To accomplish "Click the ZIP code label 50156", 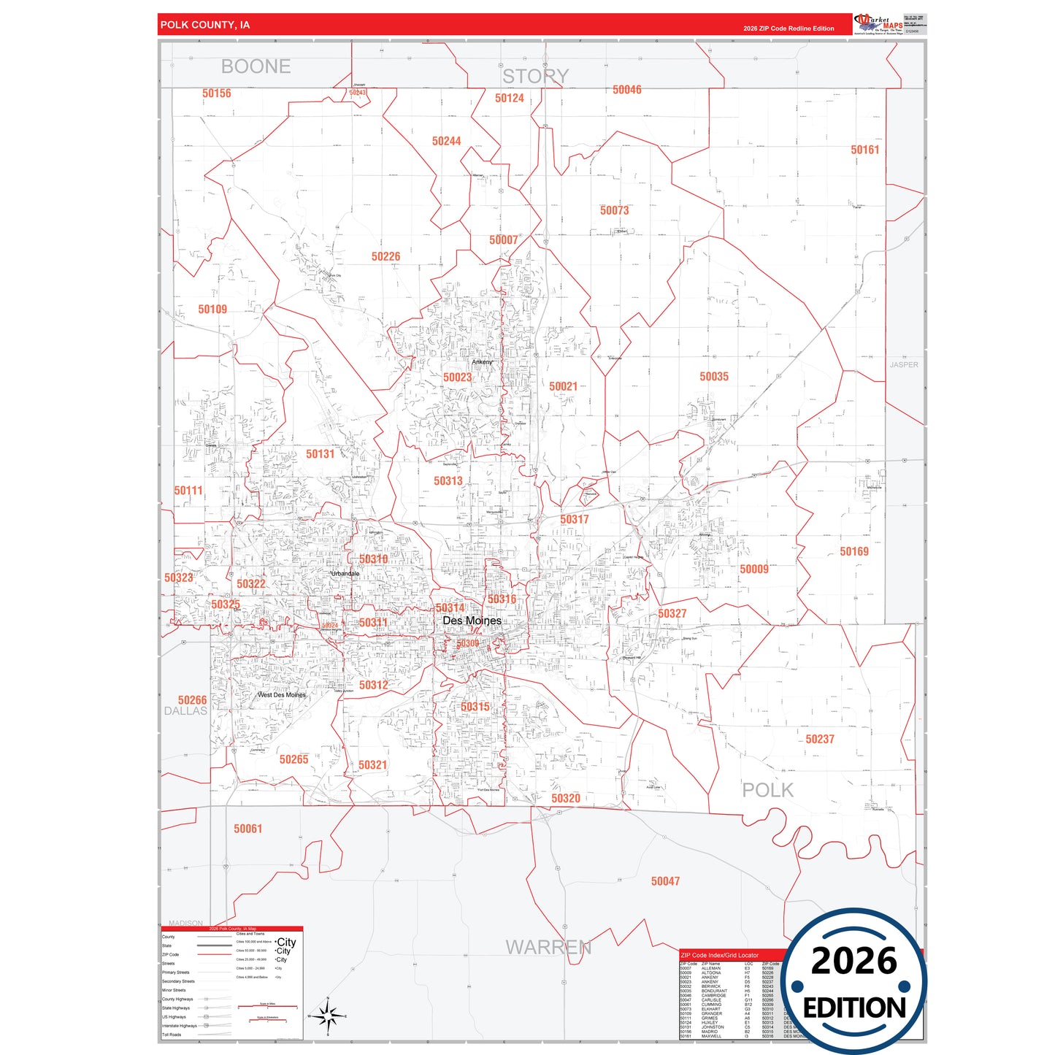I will (216, 93).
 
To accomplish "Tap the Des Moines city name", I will (472, 621).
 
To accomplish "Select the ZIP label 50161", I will (864, 150).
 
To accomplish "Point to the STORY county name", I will (535, 76).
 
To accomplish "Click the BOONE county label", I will (256, 66).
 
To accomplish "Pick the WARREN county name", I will (548, 947).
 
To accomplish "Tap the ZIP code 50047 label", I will (665, 881).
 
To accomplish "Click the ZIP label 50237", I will (819, 739).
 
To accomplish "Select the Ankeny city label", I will (482, 362).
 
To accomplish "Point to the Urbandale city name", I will (345, 574).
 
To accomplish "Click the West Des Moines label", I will (282, 695).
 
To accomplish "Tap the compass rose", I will (328, 1016).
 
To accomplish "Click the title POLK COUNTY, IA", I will (205, 25).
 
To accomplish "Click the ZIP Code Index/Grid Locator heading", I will (719, 955).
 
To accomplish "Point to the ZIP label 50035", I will (713, 377).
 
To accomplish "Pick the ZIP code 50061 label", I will (248, 829).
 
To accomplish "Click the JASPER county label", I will (903, 365).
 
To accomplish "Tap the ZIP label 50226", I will (385, 256).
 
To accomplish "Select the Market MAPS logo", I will (878, 24).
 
